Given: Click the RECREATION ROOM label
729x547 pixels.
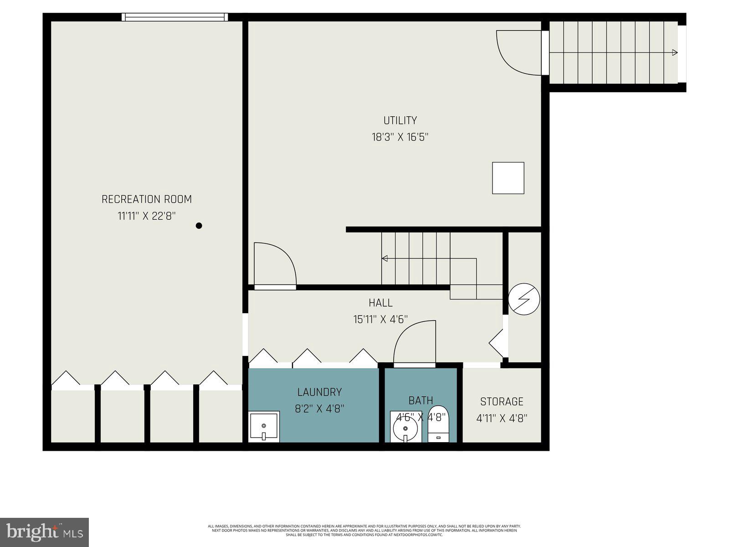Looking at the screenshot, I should tap(146, 199).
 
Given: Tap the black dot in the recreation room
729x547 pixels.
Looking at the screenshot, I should tap(199, 226).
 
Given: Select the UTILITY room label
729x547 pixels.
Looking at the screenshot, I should tap(400, 120).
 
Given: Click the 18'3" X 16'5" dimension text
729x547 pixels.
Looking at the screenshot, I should tap(400, 137).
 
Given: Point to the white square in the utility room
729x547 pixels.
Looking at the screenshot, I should tap(508, 178).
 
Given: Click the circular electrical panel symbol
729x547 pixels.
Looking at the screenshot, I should tap(524, 299).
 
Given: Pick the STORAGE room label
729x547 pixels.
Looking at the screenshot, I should tap(502, 402).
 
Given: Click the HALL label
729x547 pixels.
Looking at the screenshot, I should tap(380, 303).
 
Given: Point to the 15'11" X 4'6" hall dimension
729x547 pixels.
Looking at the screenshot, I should tap(380, 320).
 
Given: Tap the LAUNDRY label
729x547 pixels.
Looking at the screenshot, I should tap(319, 392).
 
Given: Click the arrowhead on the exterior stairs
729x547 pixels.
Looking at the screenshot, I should tap(675, 52).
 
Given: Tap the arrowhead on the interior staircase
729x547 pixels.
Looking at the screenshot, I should tap(385, 258).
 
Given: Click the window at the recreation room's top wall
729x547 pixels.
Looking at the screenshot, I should tap(175, 17).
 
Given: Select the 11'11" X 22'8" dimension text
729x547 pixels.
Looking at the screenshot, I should tap(146, 216).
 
